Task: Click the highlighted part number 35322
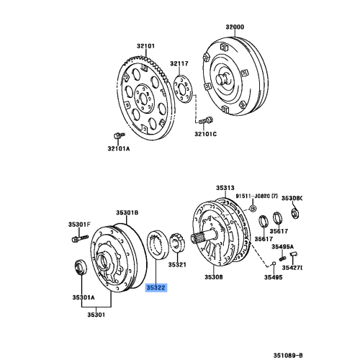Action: pos(156,287)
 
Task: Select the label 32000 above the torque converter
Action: pos(235,27)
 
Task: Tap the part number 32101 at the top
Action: pos(147,46)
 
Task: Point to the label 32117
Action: pos(179,64)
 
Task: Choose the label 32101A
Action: pos(119,149)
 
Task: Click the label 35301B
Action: pos(127,212)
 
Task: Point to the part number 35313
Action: pos(228,186)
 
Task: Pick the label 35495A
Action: pos(283,246)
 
